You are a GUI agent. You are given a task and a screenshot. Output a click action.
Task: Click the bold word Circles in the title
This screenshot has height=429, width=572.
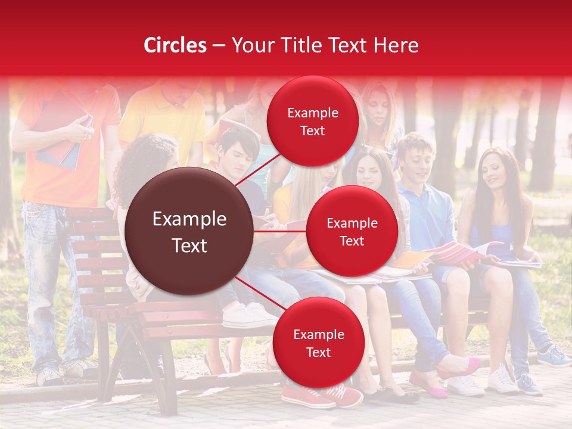pyautogui.click(x=175, y=45)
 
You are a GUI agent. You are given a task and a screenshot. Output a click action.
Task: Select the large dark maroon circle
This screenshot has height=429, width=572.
pyautogui.click(x=189, y=231)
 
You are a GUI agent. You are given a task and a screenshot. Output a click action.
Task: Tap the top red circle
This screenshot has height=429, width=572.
pyautogui.click(x=312, y=121)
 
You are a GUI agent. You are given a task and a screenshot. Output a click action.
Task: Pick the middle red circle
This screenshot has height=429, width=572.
pyautogui.click(x=352, y=231)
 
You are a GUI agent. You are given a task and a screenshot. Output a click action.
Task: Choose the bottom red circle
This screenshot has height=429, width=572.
pyautogui.click(x=318, y=343)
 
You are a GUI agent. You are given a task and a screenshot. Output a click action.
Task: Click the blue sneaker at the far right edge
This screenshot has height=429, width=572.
pyautogui.click(x=554, y=357)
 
